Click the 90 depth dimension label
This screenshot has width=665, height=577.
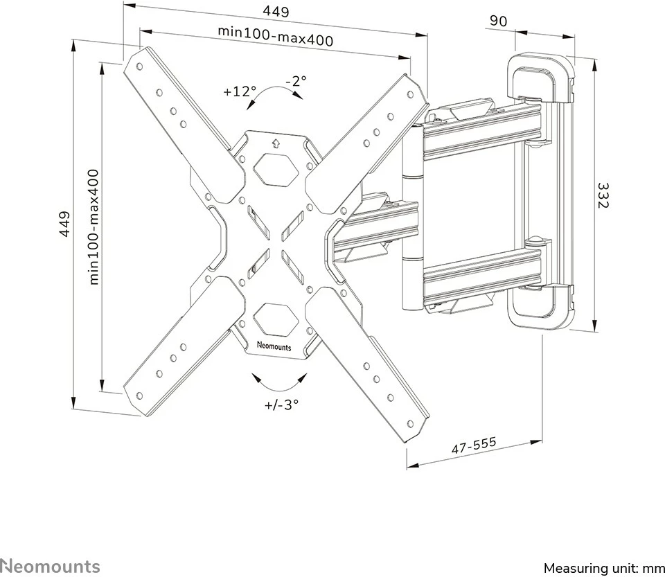click(x=498, y=21)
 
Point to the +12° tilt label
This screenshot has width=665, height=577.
click(x=240, y=91)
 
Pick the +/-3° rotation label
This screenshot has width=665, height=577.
click(x=281, y=405)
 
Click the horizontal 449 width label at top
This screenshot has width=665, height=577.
click(x=276, y=12)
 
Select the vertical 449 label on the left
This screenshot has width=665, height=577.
click(x=64, y=225)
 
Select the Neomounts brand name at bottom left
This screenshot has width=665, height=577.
click(x=50, y=566)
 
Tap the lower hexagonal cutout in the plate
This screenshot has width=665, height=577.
click(x=275, y=317)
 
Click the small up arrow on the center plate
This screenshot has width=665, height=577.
click(x=276, y=143)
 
